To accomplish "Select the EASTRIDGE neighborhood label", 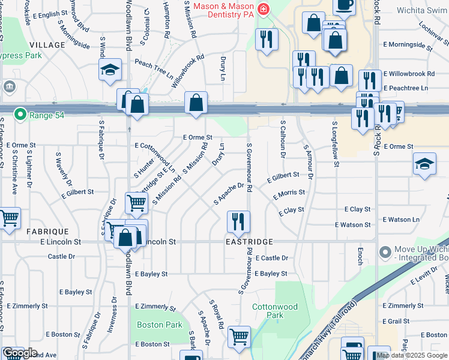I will coord(249,242).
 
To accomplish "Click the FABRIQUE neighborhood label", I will coord(47,231).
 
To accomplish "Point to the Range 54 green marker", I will coord(20,113).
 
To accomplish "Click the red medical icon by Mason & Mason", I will coord(262,9).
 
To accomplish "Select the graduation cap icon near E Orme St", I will coord(424,164).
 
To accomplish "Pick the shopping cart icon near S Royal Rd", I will coord(239,337).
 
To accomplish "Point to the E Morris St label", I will coord(289,194).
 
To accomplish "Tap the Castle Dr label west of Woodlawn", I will coord(61,256).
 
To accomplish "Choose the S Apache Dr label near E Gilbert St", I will coord(229,194).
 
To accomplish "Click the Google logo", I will coord(20,353).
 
